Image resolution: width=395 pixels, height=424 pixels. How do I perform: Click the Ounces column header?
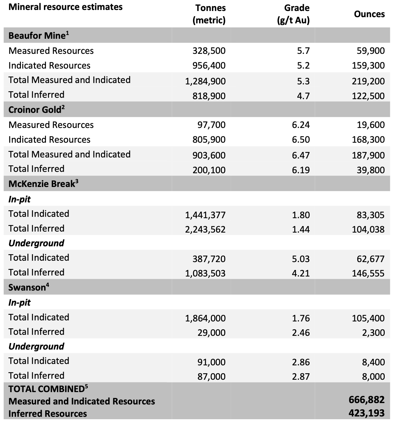pos(369,14)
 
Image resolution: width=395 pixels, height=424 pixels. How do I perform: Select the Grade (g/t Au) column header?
pos(293,14)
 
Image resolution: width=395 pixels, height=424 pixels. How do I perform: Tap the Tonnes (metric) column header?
pos(209,14)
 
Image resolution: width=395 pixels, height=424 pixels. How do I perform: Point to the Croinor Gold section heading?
pos(36,109)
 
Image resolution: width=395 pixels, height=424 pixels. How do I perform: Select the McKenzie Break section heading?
pos(43,184)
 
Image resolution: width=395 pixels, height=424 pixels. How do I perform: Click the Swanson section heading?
pos(28,287)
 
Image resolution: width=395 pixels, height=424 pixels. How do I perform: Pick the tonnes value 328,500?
pos(209,51)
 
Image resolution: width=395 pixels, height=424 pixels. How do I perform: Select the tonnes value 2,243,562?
pos(205,229)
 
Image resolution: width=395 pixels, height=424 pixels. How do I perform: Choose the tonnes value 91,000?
pos(211,362)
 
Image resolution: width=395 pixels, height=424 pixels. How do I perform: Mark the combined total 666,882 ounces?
pos(366,400)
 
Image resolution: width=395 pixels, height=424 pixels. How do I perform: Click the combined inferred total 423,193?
pos(366,413)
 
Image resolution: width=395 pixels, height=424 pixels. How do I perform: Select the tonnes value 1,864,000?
pos(205,318)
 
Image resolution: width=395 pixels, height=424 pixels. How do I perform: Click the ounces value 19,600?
pos(370,125)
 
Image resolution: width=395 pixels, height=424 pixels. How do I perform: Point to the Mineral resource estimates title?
pos(65,7)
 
